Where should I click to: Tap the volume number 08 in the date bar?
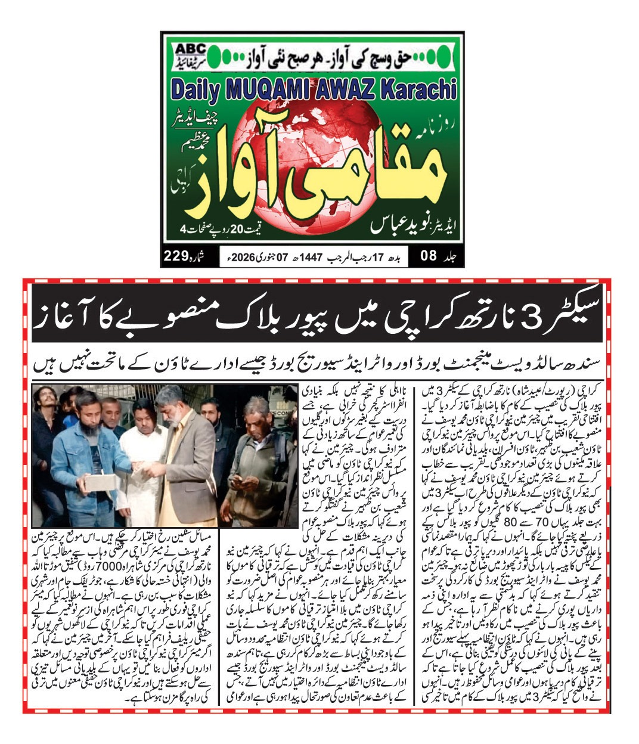(x=429, y=257)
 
